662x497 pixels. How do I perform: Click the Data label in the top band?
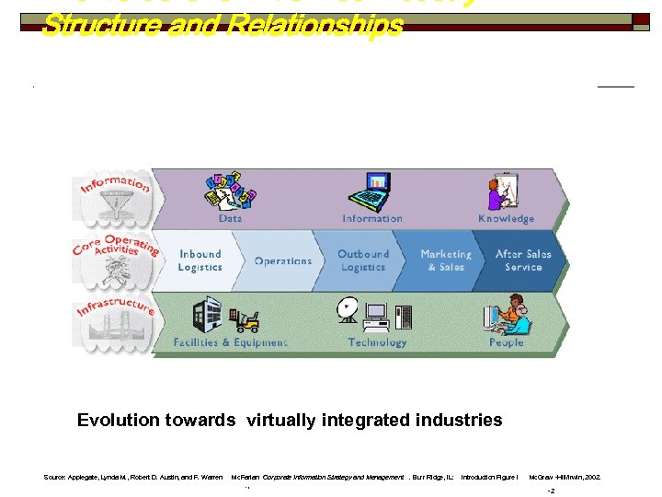[x=231, y=219]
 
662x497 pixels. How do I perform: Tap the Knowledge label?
[x=506, y=219]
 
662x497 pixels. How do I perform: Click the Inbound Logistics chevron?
[x=200, y=260]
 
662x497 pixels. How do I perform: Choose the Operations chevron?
[x=282, y=260]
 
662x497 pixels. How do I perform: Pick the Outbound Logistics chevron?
[x=363, y=260]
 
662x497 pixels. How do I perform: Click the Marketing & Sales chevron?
[x=446, y=260]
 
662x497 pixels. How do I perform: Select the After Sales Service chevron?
[x=523, y=260]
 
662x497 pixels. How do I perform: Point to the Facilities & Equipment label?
[x=230, y=342]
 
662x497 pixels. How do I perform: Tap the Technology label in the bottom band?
[x=377, y=342]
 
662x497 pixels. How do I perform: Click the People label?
[x=506, y=342]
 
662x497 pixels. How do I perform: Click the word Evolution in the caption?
[x=117, y=421]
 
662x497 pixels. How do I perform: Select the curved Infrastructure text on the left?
[x=116, y=306]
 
